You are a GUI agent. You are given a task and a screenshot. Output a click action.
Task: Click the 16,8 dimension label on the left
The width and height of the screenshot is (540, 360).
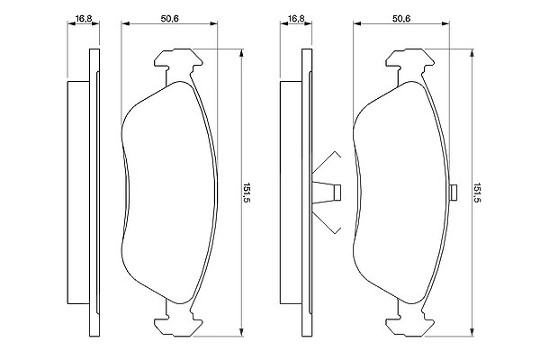tap(84, 19)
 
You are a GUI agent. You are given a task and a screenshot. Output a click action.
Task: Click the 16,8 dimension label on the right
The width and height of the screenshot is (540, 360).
tap(296, 19)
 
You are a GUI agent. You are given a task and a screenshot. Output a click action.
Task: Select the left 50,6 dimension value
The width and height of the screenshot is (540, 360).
tap(170, 19)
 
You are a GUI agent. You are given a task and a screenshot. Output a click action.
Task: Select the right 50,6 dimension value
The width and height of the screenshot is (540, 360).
tap(401, 19)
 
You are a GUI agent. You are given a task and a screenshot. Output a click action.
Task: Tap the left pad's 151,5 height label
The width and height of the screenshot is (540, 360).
tap(246, 193)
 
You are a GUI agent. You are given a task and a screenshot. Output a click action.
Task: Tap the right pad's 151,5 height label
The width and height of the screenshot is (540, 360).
tap(477, 193)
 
